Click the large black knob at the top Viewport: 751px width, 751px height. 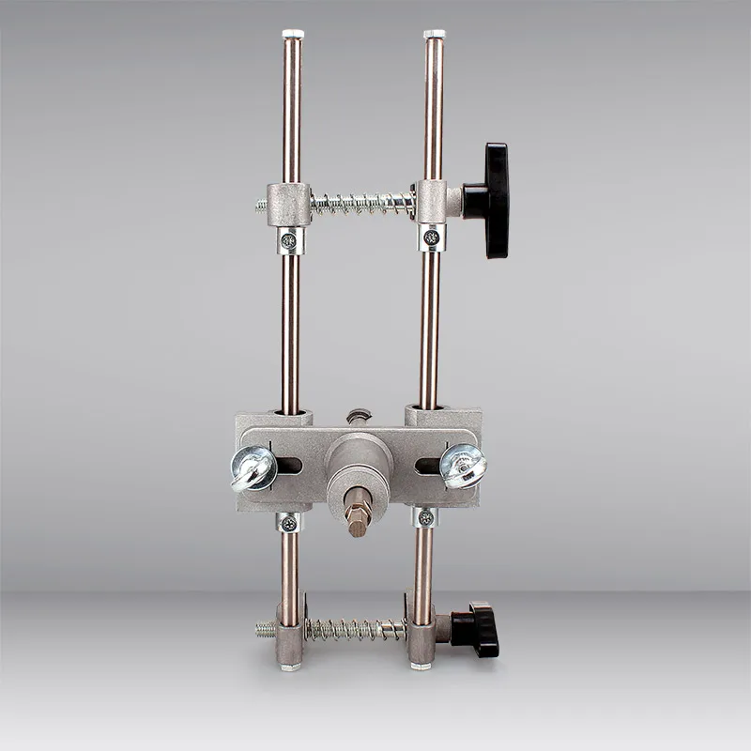(496, 200)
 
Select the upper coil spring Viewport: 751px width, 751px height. (361, 203)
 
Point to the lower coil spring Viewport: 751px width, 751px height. (355, 629)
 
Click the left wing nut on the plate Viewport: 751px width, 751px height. (253, 467)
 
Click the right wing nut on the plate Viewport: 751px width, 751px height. (463, 465)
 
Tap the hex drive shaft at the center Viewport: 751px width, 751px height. (359, 513)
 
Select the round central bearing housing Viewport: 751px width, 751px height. (359, 465)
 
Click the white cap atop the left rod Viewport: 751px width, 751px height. (293, 34)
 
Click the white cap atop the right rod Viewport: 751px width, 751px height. (434, 34)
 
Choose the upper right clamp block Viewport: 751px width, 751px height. (433, 201)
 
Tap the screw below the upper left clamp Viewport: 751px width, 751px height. (289, 240)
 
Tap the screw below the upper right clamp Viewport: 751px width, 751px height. (431, 238)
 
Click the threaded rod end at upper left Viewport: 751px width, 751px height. (262, 207)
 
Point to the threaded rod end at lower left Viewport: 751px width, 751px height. (266, 630)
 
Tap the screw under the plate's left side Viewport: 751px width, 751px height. (289, 523)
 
